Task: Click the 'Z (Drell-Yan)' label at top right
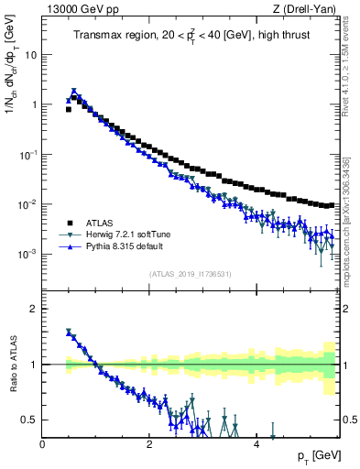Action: tap(308, 8)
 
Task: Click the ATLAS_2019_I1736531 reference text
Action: tap(190, 273)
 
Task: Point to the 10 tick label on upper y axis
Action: tap(31, 54)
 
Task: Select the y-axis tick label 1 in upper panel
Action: tap(35, 104)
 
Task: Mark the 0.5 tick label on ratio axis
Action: tap(30, 420)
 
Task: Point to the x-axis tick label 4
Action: tap(256, 444)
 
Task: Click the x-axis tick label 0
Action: tap(42, 444)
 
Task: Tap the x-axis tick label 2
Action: tap(148, 444)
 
